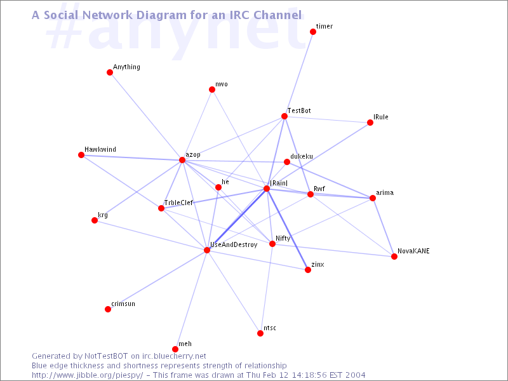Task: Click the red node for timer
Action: pos(313,31)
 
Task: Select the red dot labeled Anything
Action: pos(110,72)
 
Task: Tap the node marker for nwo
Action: pos(212,90)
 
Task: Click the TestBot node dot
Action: pos(284,116)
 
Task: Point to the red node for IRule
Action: pos(370,123)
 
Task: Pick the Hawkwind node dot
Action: pos(81,155)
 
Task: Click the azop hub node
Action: pos(182,160)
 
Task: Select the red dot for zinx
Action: pos(308,270)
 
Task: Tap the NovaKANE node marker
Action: pos(394,257)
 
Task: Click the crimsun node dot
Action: pos(108,309)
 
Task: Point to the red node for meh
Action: pos(175,349)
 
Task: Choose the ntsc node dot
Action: pos(260,333)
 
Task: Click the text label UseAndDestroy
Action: pos(234,244)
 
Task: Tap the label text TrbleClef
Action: pos(178,203)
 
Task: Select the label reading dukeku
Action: pos(302,156)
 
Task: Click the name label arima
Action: pos(385,192)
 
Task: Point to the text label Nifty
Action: pos(283,239)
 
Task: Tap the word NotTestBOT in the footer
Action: pos(106,356)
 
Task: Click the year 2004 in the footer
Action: pos(355,375)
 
